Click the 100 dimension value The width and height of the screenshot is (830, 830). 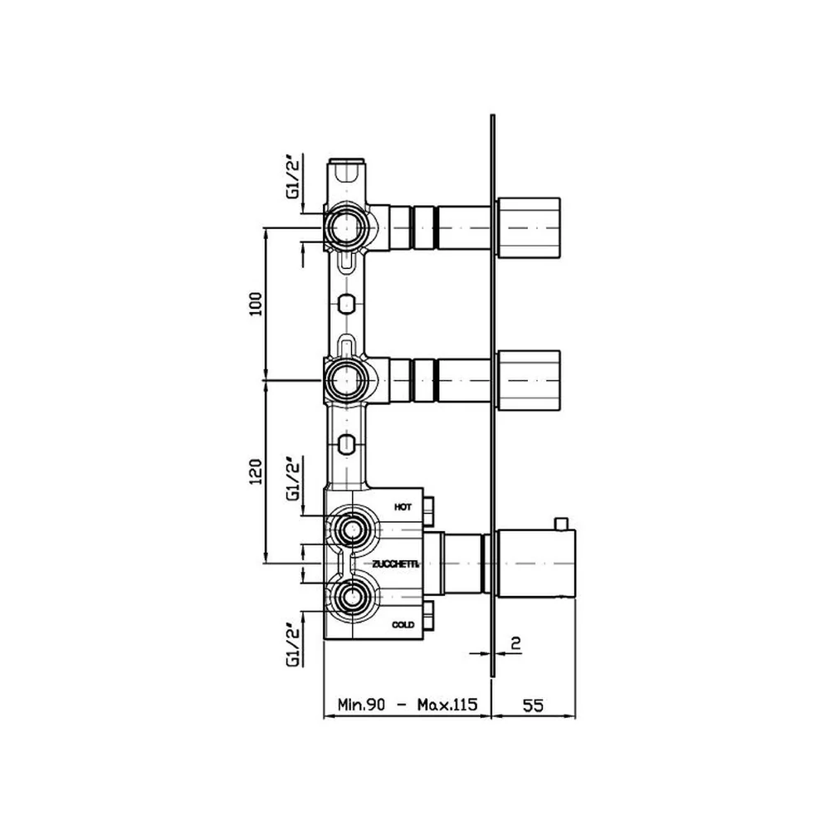(256, 303)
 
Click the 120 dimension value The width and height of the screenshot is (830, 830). (256, 471)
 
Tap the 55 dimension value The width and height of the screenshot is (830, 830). (533, 705)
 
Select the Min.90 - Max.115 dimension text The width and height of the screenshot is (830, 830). (408, 705)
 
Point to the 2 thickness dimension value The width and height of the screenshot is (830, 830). (516, 643)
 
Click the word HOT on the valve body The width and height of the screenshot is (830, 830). (403, 507)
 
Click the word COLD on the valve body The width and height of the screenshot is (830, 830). (403, 625)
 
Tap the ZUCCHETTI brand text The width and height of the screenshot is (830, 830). (396, 564)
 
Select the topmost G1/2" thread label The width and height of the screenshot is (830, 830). (293, 176)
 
